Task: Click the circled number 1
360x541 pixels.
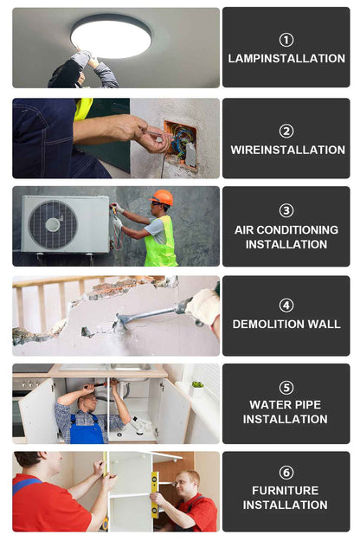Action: [x=286, y=40]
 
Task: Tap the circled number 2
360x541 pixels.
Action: [x=286, y=131]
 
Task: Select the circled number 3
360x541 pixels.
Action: [x=286, y=210]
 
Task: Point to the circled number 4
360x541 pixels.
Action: [x=286, y=306]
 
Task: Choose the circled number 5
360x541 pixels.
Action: [x=286, y=388]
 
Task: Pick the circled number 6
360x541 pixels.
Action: [x=286, y=473]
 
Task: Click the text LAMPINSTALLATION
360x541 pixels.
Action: [x=286, y=58]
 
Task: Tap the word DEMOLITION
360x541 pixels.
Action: [x=268, y=324]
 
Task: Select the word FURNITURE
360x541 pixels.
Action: [x=286, y=490]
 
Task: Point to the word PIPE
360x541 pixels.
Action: [x=305, y=404]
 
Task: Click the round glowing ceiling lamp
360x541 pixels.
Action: [x=111, y=36]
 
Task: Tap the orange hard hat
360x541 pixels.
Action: [x=162, y=197]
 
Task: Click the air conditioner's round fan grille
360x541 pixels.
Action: [x=53, y=224]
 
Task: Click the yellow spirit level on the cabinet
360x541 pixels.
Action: [x=155, y=495]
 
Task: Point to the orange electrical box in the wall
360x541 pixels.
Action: [x=180, y=145]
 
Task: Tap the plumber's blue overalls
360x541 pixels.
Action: [x=87, y=428]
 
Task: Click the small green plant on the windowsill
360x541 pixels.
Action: [x=197, y=384]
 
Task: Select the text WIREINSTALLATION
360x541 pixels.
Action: [x=287, y=150]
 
